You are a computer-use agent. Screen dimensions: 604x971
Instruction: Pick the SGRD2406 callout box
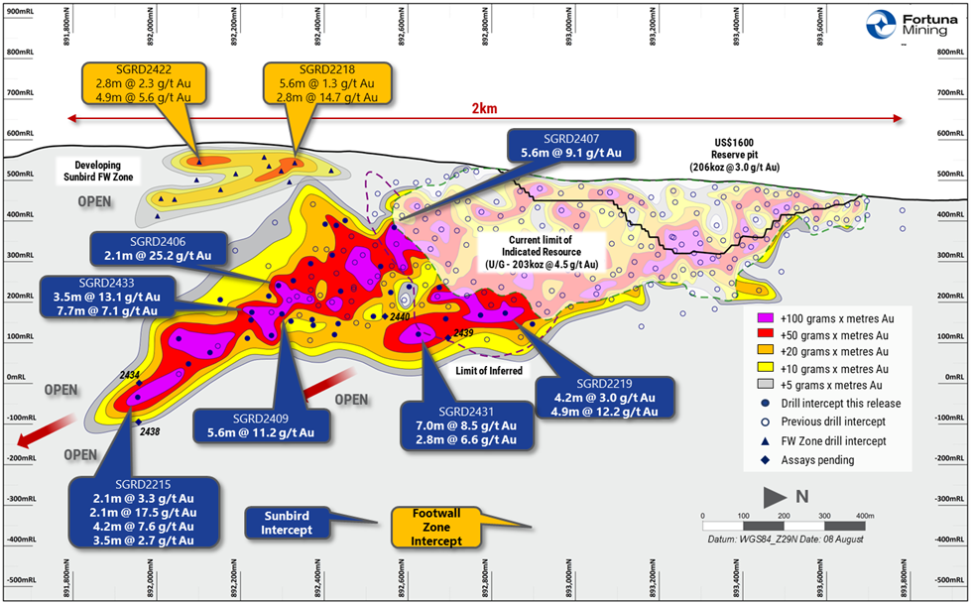click(x=158, y=248)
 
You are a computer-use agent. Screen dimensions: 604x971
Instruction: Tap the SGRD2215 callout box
click(x=145, y=512)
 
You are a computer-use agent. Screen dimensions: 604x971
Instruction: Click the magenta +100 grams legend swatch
click(x=766, y=316)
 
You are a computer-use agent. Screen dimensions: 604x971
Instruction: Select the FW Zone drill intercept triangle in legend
click(x=766, y=441)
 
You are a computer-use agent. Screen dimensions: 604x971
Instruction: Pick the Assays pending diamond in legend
click(x=766, y=460)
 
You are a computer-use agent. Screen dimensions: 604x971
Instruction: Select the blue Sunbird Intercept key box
click(x=288, y=523)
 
